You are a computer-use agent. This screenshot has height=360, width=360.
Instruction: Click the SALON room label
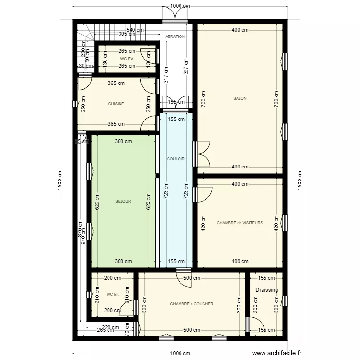(240, 98)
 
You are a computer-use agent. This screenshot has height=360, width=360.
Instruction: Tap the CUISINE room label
(116, 104)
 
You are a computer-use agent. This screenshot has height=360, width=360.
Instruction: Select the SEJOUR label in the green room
(123, 202)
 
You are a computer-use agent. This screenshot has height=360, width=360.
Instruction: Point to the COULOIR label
(176, 159)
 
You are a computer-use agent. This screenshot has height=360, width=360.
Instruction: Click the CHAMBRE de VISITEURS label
(240, 223)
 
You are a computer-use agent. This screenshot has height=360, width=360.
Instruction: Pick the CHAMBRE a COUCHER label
(192, 304)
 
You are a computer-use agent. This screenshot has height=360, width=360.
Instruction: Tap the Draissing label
(266, 290)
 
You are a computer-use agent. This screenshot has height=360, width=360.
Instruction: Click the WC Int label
(112, 294)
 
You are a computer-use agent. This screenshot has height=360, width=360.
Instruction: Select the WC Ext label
(127, 59)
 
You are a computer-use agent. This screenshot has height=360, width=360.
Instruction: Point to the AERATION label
(175, 36)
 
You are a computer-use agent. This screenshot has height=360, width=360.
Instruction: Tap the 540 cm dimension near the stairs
(135, 29)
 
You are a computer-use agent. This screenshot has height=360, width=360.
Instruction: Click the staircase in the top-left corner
(85, 33)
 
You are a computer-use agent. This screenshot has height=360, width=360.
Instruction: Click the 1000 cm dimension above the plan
(180, 6)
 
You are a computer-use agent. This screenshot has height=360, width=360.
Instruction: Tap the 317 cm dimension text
(166, 76)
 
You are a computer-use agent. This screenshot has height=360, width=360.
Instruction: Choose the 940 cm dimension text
(83, 237)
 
